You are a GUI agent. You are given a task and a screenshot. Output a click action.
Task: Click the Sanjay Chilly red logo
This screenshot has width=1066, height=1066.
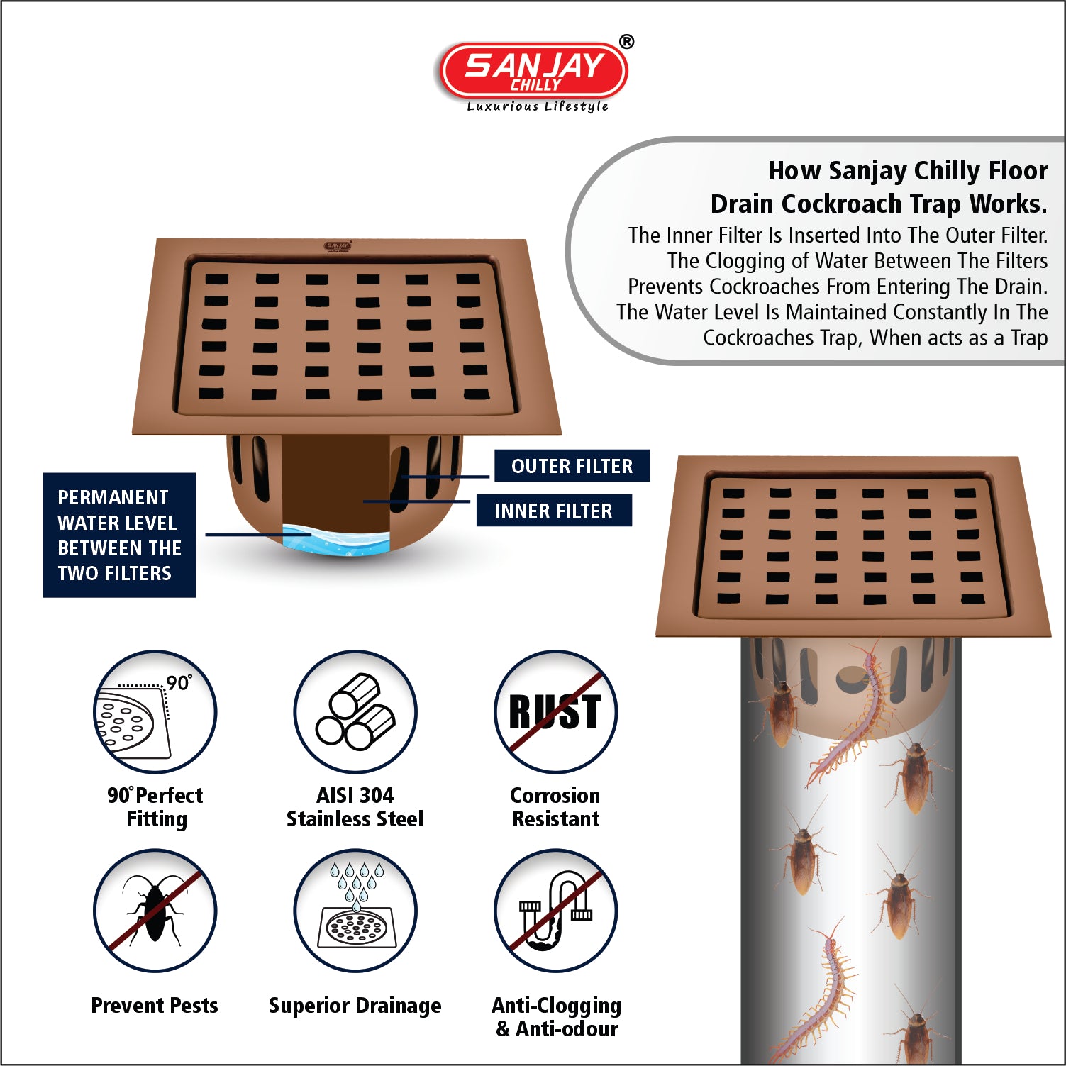click(x=533, y=70)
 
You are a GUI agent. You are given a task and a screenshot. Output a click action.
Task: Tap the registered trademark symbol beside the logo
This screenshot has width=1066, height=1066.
click(x=626, y=42)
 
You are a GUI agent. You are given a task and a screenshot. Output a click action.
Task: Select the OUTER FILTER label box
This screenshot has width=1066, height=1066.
click(x=572, y=466)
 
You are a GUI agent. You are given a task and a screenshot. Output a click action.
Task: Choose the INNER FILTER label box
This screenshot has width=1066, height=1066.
click(x=553, y=511)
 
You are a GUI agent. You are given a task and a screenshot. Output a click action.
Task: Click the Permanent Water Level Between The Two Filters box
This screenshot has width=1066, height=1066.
click(x=119, y=535)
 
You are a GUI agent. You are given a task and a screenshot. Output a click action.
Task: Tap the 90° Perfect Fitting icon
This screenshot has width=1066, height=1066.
click(x=155, y=711)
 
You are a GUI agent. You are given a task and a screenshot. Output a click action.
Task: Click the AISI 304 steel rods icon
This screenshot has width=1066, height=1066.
click(x=355, y=711)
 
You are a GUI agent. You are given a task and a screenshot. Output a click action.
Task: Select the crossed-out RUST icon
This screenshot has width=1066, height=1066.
click(x=555, y=711)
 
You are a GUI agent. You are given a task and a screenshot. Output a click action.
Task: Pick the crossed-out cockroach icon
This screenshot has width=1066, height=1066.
click(x=155, y=911)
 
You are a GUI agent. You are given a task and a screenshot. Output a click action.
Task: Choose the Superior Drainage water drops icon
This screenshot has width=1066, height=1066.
click(x=355, y=911)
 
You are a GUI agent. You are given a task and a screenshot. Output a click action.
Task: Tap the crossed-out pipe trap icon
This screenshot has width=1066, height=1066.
click(x=555, y=911)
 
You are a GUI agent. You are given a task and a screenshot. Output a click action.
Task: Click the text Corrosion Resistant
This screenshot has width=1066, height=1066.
click(x=555, y=807)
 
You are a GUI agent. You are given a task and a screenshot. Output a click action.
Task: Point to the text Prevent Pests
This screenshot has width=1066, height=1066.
click(x=155, y=1005)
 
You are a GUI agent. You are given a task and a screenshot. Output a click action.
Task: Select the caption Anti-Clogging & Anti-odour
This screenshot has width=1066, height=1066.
click(x=557, y=1017)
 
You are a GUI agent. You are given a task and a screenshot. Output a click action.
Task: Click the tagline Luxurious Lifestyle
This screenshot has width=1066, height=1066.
click(x=538, y=106)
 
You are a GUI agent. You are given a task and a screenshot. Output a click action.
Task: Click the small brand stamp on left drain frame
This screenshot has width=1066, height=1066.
click(x=338, y=246)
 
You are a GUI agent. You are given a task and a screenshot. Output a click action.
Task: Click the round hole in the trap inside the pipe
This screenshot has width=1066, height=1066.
click(x=850, y=679)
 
